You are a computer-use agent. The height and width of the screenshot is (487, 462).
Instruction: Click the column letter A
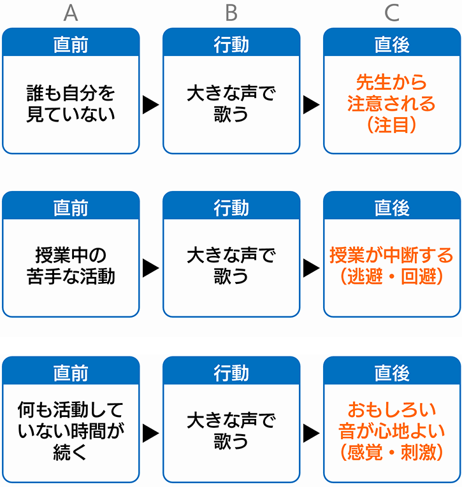[x=71, y=13]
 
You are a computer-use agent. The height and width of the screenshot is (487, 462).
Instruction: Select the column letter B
[x=231, y=13]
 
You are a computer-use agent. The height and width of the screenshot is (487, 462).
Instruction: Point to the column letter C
[x=392, y=13]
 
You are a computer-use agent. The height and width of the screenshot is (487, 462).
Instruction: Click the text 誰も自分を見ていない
[x=71, y=104]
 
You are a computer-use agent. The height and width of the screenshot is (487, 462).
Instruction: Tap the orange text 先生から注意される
[x=392, y=93]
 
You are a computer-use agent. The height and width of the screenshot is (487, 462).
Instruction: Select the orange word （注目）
[x=392, y=125]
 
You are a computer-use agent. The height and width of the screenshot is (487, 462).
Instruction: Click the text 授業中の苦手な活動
[x=71, y=266]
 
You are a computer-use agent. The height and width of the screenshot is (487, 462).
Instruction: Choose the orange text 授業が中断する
[x=392, y=255]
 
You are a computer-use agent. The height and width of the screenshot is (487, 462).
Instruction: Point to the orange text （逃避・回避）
[x=392, y=276]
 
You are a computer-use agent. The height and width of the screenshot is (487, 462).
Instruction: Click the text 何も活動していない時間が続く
[x=71, y=430]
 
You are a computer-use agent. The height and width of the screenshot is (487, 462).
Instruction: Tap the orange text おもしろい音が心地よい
[x=392, y=420]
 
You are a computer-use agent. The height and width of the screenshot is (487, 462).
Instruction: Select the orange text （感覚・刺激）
[x=392, y=452]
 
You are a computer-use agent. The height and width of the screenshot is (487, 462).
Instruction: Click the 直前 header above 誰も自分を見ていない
[x=71, y=45]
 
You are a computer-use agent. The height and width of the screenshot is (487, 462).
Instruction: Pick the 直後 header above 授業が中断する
[x=392, y=208]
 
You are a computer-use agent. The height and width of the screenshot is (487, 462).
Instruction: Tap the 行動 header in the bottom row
[x=231, y=372]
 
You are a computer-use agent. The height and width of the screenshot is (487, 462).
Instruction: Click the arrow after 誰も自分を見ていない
[x=151, y=104]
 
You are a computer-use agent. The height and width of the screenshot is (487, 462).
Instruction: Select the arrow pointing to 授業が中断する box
[x=311, y=268]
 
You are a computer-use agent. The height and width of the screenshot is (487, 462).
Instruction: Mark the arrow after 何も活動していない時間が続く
[x=151, y=433]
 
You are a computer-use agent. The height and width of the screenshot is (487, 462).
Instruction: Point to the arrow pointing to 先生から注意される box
[x=311, y=104]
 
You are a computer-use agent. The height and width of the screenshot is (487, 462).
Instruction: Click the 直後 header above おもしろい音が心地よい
[x=392, y=372]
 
